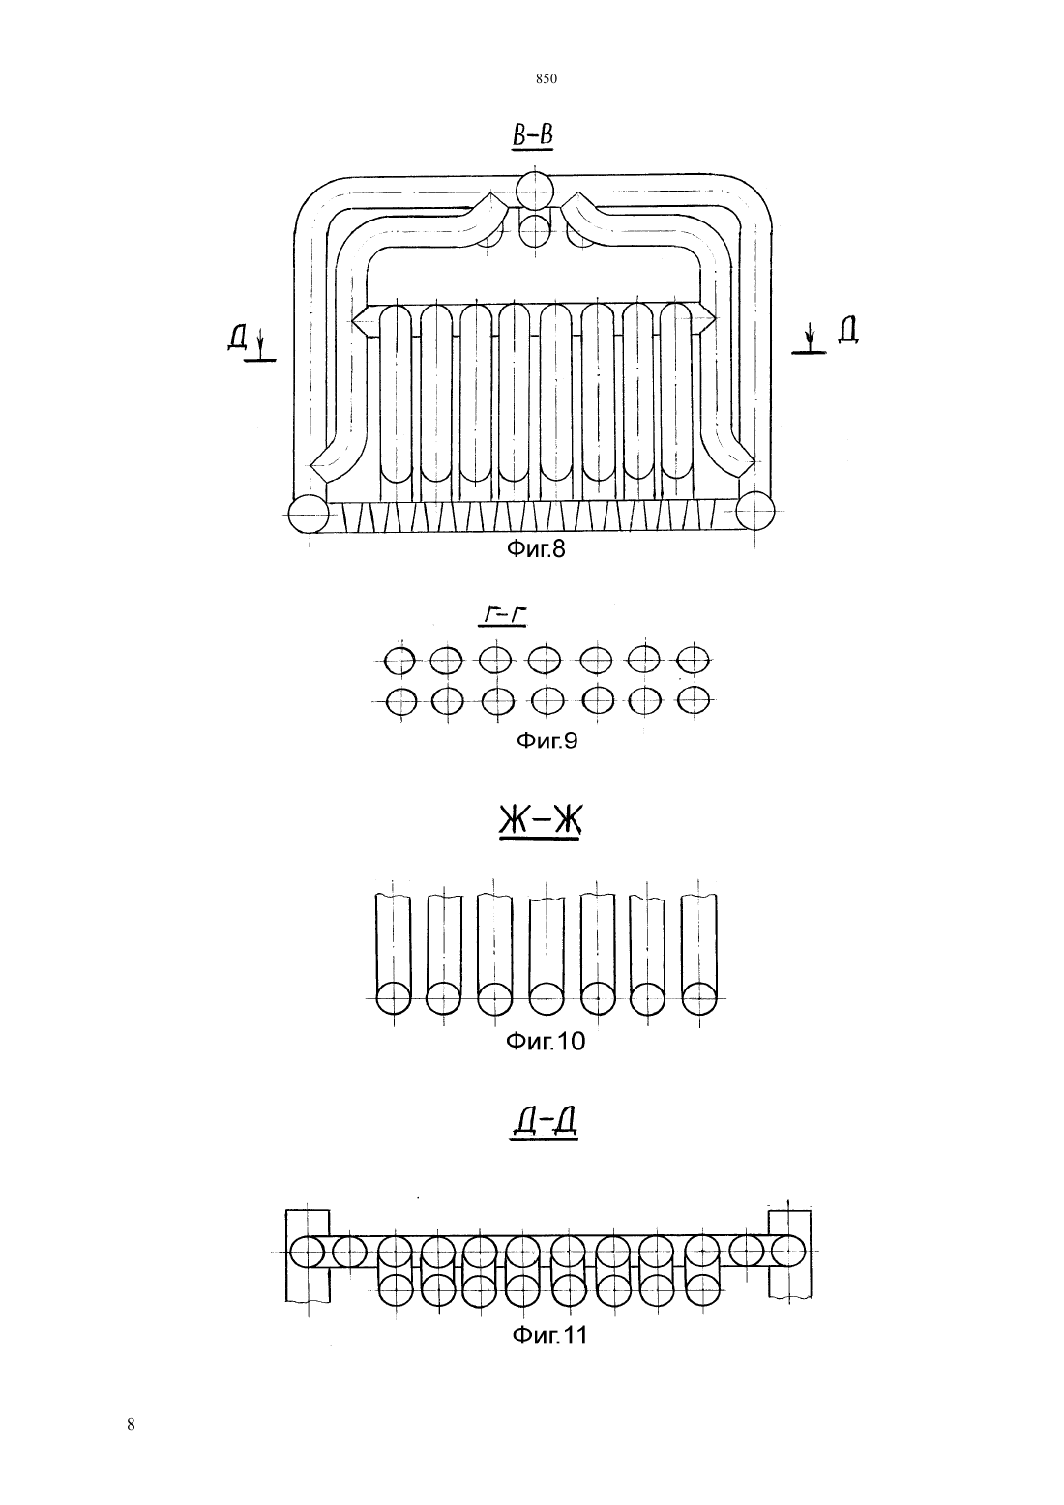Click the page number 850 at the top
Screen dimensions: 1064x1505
click(547, 79)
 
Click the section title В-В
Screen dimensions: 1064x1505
click(533, 135)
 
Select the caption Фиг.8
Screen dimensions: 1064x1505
click(536, 549)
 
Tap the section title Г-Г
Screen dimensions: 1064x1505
click(502, 616)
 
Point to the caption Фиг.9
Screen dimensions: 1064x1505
click(547, 740)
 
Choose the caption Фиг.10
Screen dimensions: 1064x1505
click(545, 1042)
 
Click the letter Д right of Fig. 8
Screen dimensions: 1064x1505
click(847, 331)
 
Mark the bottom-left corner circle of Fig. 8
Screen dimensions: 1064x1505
click(309, 516)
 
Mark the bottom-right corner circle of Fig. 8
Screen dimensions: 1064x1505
click(755, 511)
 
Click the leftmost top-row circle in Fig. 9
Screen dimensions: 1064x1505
click(399, 662)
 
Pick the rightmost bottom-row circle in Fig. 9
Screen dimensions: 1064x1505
click(694, 701)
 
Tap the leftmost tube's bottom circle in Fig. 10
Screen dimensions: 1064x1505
click(393, 998)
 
